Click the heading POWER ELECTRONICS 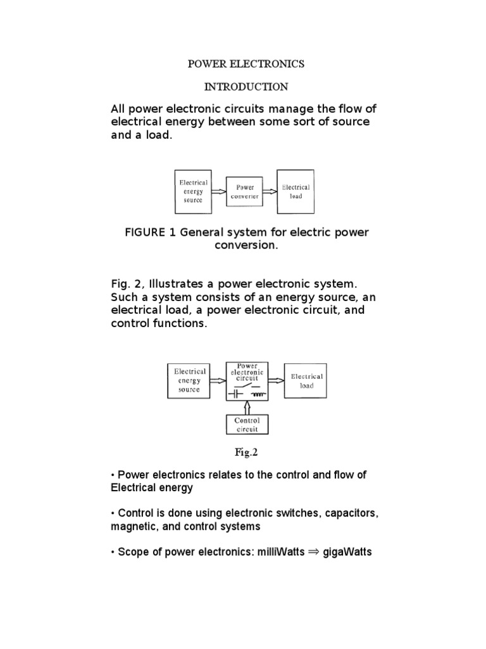pyautogui.click(x=246, y=64)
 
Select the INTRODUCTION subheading pyautogui.click(x=246, y=86)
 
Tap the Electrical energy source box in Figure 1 pyautogui.click(x=192, y=191)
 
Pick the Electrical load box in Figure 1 pyautogui.click(x=296, y=191)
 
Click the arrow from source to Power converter pyautogui.click(x=217, y=191)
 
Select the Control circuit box pyautogui.click(x=247, y=424)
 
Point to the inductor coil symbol pyautogui.click(x=257, y=394)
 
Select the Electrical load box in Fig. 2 pyautogui.click(x=306, y=381)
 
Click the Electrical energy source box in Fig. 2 pyautogui.click(x=190, y=381)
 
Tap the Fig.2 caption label pyautogui.click(x=247, y=453)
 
